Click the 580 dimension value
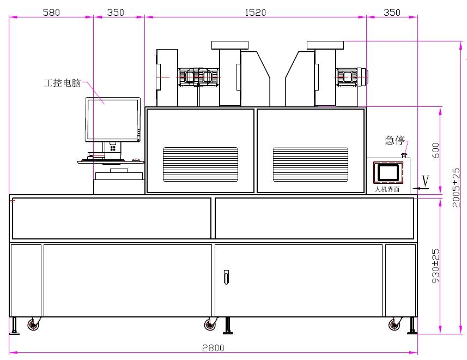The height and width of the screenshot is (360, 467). (51, 12)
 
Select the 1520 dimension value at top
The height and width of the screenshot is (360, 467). (255, 12)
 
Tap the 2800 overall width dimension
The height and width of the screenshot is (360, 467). (213, 348)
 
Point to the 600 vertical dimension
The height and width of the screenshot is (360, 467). (435, 151)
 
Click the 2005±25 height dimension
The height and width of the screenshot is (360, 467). (456, 188)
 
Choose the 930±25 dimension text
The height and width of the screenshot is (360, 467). (435, 266)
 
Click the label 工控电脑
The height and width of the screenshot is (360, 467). (62, 82)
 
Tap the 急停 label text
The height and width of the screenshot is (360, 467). (395, 140)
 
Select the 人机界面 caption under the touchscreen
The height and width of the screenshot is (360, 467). (387, 189)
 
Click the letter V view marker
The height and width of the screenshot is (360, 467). (426, 181)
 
